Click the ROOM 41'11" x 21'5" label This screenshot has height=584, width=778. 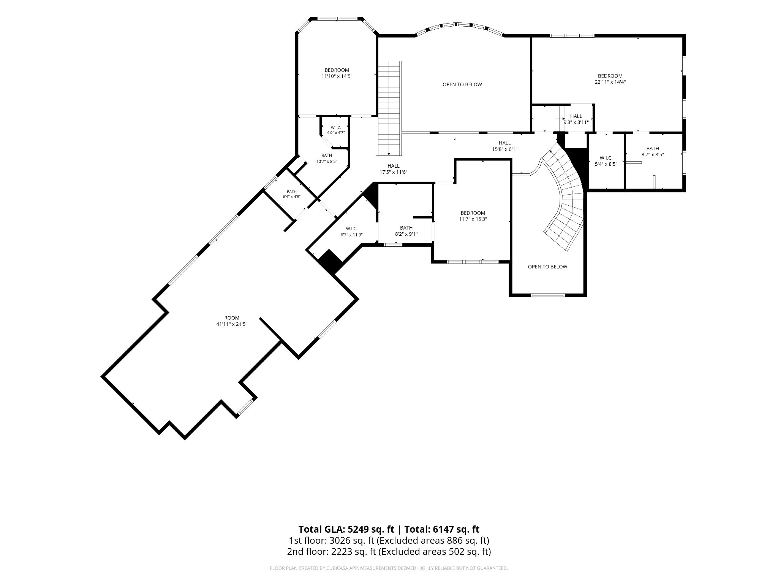(232, 321)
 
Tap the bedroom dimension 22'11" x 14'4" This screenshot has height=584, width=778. (610, 82)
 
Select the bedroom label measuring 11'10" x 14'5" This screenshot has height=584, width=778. (337, 73)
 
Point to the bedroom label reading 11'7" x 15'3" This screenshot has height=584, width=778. (473, 216)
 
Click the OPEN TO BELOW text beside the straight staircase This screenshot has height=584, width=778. (462, 84)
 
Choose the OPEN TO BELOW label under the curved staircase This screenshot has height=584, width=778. (547, 267)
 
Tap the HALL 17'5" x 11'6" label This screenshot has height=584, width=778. (394, 169)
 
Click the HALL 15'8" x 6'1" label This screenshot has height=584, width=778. (504, 146)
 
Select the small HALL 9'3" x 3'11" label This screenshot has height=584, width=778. (576, 119)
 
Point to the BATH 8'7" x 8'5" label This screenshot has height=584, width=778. (653, 151)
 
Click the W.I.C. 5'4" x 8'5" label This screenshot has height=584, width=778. (606, 161)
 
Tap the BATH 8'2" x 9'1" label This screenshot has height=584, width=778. (406, 231)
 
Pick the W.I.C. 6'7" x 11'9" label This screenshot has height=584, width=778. (352, 232)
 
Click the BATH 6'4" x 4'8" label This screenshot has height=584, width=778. (292, 194)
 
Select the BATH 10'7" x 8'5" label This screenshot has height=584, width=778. (327, 158)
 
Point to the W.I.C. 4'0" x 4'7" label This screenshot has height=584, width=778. (336, 130)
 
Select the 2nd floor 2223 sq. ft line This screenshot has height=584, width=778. (389, 551)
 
